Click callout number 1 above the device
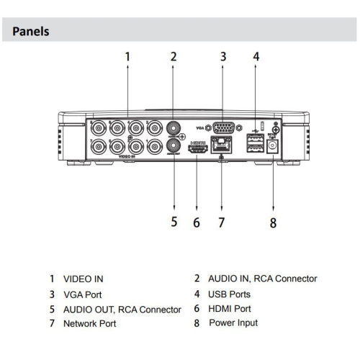click(127, 55)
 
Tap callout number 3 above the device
click(223, 55)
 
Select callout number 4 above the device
click(256, 55)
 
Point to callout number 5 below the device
click(174, 222)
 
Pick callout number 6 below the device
click(196, 222)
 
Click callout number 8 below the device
click(272, 222)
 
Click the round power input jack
click(273, 147)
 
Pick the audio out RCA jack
click(173, 147)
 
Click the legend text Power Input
click(233, 323)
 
